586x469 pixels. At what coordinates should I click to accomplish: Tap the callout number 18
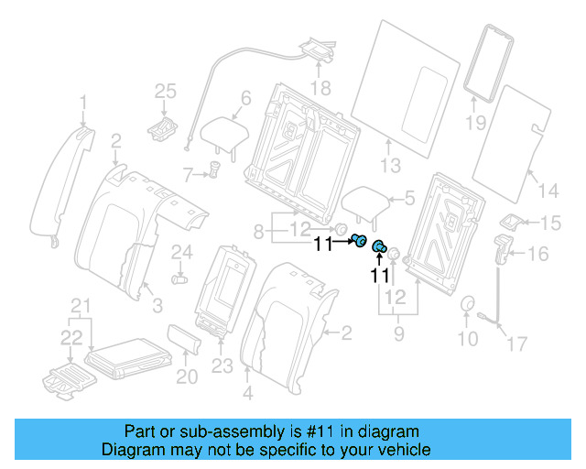tap(319, 88)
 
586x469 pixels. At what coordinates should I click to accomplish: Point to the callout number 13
tap(391, 166)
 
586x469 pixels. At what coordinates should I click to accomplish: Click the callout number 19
tap(475, 123)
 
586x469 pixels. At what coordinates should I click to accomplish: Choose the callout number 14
tap(548, 191)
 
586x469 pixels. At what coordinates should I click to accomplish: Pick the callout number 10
tap(467, 340)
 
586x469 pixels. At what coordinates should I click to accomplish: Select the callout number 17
tap(517, 344)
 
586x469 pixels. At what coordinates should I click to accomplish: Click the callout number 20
tap(186, 376)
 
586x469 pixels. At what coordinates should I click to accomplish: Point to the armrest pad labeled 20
tap(182, 339)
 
